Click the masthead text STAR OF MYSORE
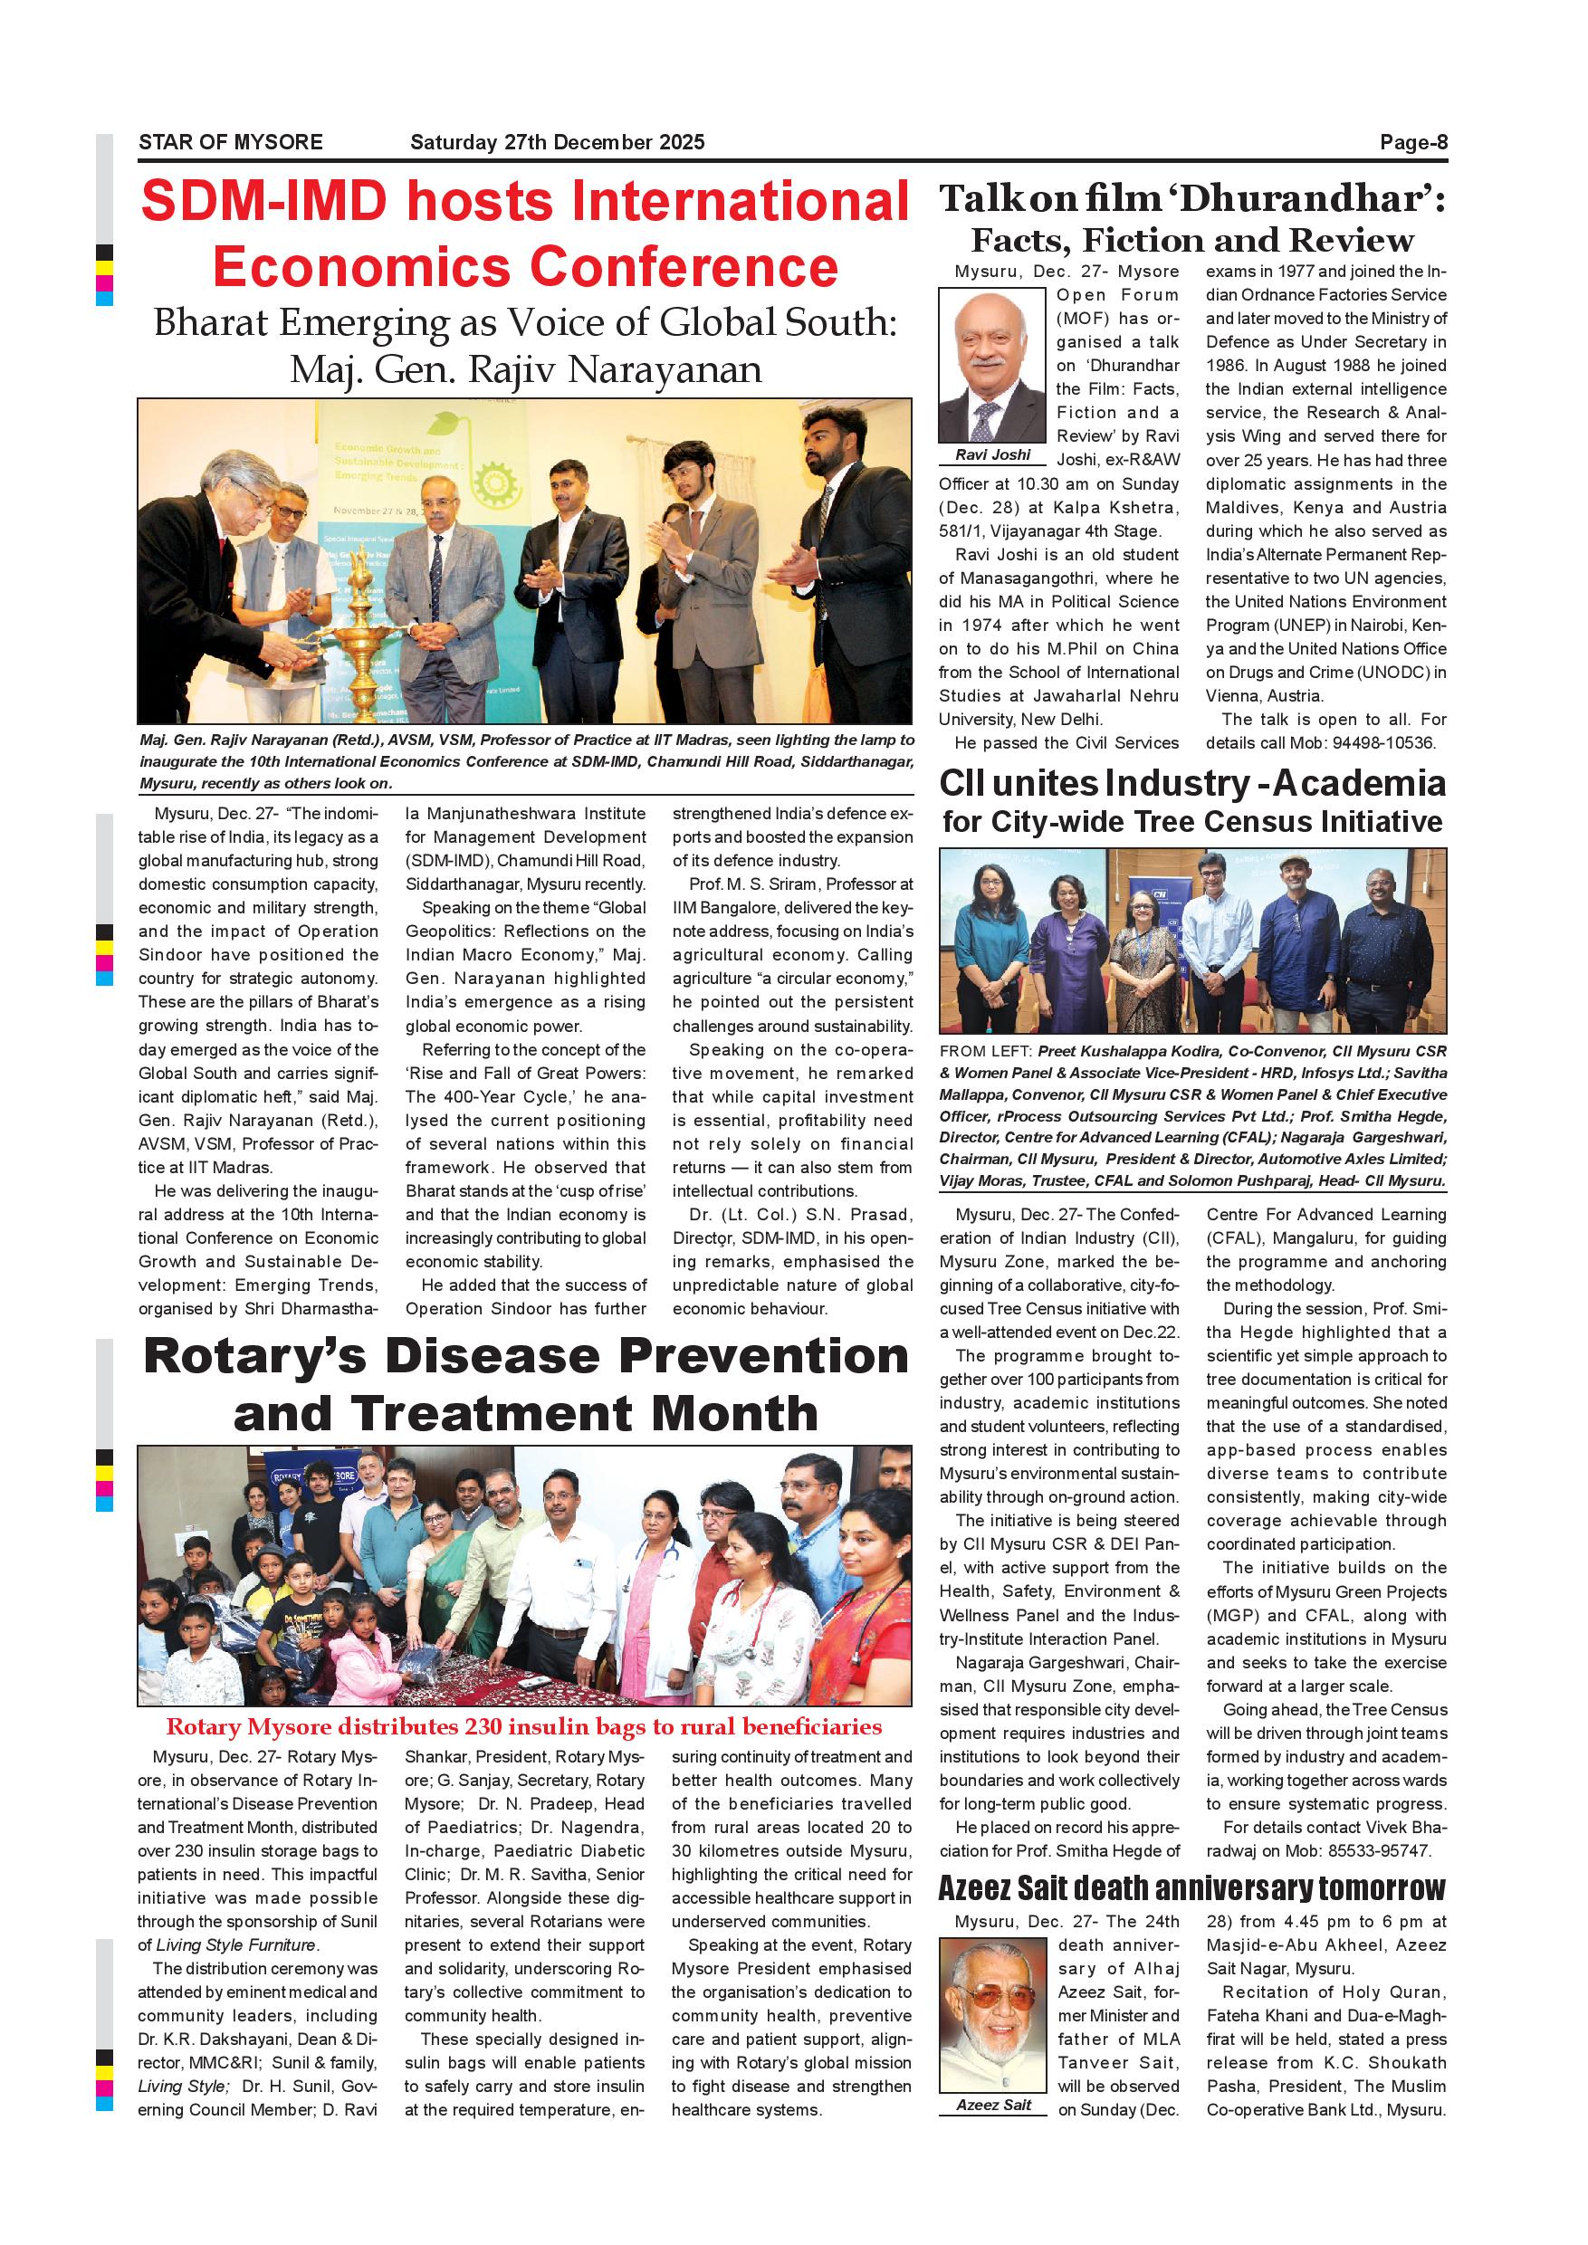[x=230, y=143]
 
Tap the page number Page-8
[x=1413, y=143]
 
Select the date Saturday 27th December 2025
[x=557, y=143]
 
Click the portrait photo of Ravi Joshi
[x=991, y=366]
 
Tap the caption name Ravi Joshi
[x=992, y=454]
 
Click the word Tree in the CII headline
[x=1168, y=822]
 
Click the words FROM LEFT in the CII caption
[x=985, y=1051]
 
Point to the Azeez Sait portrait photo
[x=991, y=2013]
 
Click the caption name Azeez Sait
[x=993, y=2106]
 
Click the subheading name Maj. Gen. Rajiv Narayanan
[x=525, y=370]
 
